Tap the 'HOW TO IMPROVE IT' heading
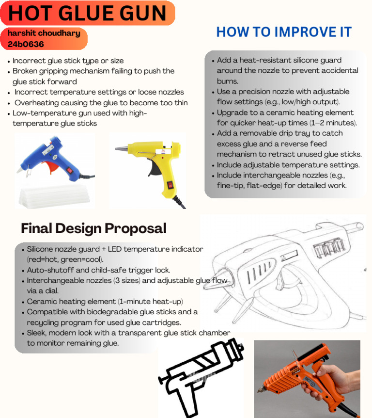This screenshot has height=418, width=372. [x=283, y=32]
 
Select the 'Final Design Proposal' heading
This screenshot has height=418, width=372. [x=93, y=228]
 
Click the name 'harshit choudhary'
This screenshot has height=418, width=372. [x=43, y=34]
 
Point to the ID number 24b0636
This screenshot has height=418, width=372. [x=26, y=44]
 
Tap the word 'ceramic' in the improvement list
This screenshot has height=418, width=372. [x=285, y=113]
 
